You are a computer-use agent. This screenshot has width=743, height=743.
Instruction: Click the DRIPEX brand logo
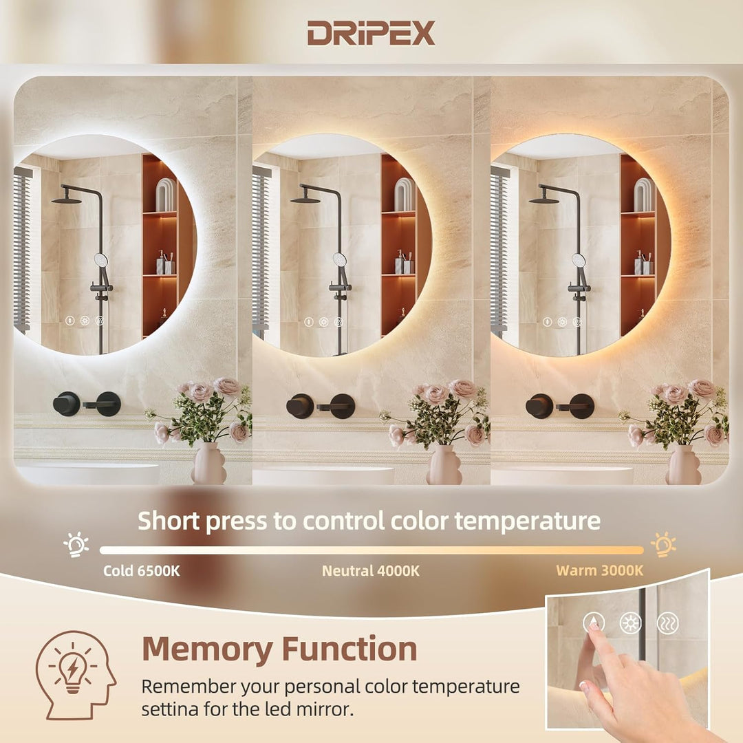pyautogui.click(x=371, y=33)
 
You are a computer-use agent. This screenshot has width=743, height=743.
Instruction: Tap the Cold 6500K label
pyautogui.click(x=142, y=570)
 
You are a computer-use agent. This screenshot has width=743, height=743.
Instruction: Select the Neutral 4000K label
pyautogui.click(x=370, y=570)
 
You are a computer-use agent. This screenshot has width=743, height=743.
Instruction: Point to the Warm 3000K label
pyautogui.click(x=599, y=570)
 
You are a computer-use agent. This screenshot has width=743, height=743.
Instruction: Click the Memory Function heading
pyautogui.click(x=279, y=649)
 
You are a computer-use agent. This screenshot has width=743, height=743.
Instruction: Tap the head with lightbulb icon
pyautogui.click(x=74, y=675)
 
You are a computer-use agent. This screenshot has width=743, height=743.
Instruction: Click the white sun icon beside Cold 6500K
pyautogui.click(x=76, y=544)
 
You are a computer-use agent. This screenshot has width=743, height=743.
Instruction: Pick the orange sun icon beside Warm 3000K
pyautogui.click(x=663, y=544)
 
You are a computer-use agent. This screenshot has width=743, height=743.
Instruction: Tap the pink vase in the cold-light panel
pyautogui.click(x=208, y=464)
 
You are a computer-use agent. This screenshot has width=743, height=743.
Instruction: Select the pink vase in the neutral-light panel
pyautogui.click(x=444, y=465)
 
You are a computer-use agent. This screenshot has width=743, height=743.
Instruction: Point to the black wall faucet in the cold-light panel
pyautogui.click(x=87, y=404)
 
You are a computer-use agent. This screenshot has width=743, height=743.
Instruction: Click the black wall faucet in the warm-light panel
pyautogui.click(x=560, y=406)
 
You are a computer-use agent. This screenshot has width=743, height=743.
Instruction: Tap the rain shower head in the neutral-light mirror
pyautogui.click(x=305, y=200)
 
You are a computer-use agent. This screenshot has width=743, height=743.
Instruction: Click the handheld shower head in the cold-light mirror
pyautogui.click(x=101, y=261)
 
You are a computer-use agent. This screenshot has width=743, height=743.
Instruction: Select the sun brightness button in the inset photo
pyautogui.click(x=629, y=623)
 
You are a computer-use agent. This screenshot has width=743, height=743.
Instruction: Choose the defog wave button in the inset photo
pyautogui.click(x=667, y=623)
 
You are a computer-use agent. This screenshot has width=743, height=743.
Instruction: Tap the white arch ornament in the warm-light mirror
pyautogui.click(x=643, y=195)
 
